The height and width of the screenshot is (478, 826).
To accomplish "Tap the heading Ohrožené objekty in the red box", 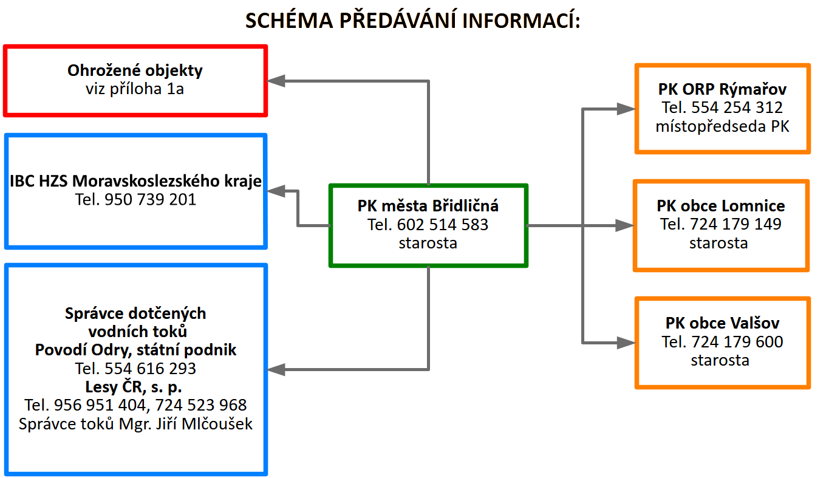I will pos(135,70).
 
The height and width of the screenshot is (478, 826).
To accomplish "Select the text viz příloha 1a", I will pos(135,89).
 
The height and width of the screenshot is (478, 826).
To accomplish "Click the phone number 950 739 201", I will pos(151,199).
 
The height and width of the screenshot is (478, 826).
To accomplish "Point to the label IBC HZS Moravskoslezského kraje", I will pos(135,181).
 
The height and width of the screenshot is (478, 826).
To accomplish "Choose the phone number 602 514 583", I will pos(442,225).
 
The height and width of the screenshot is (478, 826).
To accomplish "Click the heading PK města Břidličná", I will pos(428,207).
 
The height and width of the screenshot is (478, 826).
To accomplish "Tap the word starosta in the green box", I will pos(428,243).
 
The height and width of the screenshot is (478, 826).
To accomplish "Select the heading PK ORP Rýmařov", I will pos(722,90).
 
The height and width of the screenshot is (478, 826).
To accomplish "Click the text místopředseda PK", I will pos(722,126).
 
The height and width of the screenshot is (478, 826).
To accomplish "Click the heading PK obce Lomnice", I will pos(721,206).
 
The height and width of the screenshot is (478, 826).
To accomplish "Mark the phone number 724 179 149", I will pos(736,224).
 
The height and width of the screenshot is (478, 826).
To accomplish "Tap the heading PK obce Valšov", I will pos(722,323).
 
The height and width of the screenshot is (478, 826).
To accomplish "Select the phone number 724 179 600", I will pos(737,341).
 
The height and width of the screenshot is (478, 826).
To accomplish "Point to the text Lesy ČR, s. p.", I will pos(135,387).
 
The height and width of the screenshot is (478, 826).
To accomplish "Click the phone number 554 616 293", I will pos(151,369).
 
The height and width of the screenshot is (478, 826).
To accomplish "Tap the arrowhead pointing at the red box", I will pos(277,81).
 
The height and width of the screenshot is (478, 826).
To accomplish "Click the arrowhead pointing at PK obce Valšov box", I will pos(626,342).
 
